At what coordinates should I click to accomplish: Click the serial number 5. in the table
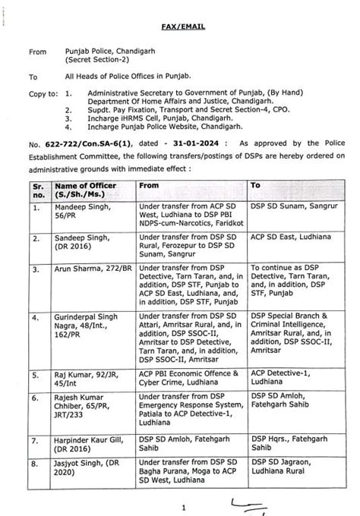[x=36, y=375]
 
